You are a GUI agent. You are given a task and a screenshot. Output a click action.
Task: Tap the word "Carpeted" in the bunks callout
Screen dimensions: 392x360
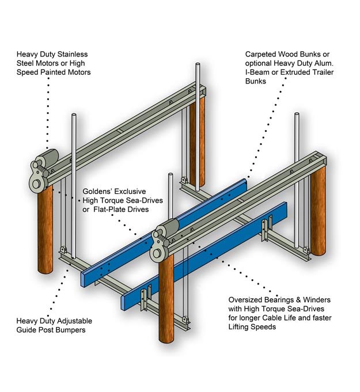(x=261, y=54)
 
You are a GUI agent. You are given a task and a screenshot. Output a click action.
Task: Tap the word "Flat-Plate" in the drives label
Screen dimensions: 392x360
(x=110, y=209)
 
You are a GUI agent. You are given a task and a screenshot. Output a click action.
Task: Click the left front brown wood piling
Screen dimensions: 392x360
(x=46, y=230)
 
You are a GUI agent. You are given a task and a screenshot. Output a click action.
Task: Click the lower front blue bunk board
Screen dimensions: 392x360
(x=204, y=253)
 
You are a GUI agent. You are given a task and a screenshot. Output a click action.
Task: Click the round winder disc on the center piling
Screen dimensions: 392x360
(x=157, y=253)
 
